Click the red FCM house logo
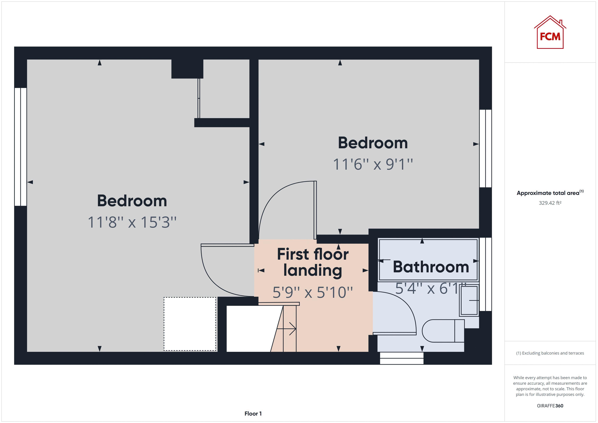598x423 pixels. (x=550, y=32)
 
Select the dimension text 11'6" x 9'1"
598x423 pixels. (x=373, y=164)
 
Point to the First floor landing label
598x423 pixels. (x=313, y=262)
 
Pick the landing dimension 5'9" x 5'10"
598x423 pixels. (x=313, y=292)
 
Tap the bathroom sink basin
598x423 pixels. (x=469, y=300)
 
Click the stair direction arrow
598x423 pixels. (x=286, y=329)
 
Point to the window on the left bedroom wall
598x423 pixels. (x=21, y=147)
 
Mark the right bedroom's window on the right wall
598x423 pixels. (x=485, y=148)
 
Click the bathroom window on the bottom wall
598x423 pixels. (x=402, y=358)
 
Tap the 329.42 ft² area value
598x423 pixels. (x=550, y=203)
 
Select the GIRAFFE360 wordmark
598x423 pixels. (x=550, y=406)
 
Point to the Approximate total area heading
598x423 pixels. (x=550, y=193)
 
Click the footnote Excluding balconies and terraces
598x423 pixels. (x=550, y=353)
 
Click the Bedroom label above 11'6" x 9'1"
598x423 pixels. (x=373, y=143)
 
